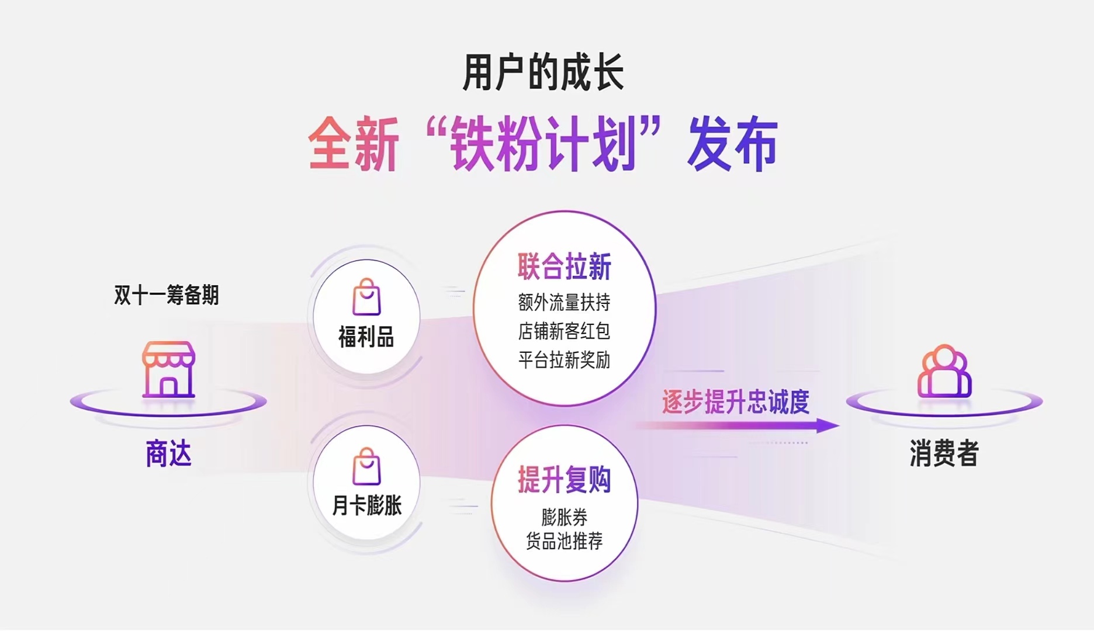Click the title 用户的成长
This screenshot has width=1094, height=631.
tap(543, 72)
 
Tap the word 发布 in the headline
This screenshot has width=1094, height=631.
tap(732, 144)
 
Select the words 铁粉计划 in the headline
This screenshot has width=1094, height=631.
tap(543, 144)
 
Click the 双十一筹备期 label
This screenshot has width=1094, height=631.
tap(167, 295)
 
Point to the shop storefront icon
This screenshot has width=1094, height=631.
tap(168, 369)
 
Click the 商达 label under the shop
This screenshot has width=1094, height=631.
tap(168, 453)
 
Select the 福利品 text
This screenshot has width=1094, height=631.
tap(366, 337)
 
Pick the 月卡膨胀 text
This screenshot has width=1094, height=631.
tap(366, 505)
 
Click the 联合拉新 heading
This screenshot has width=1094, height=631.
tap(564, 267)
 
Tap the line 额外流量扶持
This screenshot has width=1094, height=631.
tap(564, 303)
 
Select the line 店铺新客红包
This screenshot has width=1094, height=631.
tap(564, 331)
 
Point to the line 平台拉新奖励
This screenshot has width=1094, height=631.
tap(564, 360)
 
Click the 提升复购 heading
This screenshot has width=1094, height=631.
tap(564, 480)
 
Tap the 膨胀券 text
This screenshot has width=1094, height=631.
tap(564, 517)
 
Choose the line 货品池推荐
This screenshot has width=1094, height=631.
tap(564, 541)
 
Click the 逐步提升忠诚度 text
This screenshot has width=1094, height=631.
tap(736, 402)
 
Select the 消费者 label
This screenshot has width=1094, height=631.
tap(944, 453)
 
